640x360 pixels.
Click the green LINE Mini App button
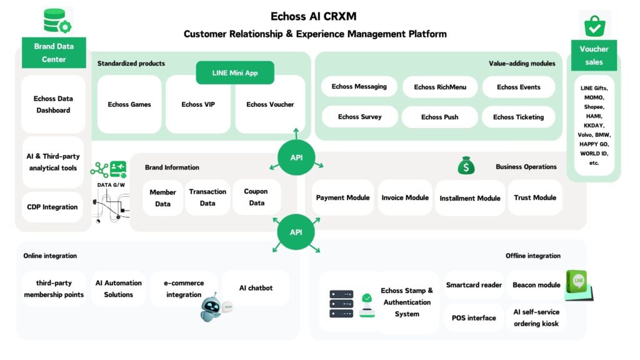(x=234, y=72)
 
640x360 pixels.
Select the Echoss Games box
(x=129, y=104)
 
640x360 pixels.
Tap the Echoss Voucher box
(x=270, y=104)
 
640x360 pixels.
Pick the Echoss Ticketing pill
(x=518, y=117)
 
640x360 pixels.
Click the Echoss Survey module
(x=359, y=117)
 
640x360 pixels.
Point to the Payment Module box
(x=342, y=197)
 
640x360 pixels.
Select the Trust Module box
(x=535, y=197)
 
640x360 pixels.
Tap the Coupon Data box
(x=256, y=197)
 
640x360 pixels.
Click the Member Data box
(x=162, y=197)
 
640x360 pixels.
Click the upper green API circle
(x=296, y=157)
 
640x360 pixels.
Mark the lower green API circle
(x=296, y=232)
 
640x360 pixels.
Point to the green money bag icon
(x=466, y=166)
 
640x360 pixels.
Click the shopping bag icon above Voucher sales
(x=594, y=25)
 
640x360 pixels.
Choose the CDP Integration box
(x=52, y=207)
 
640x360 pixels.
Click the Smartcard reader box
(x=474, y=285)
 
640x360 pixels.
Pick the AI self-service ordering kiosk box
(x=536, y=317)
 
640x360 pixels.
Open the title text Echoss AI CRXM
(x=314, y=16)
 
